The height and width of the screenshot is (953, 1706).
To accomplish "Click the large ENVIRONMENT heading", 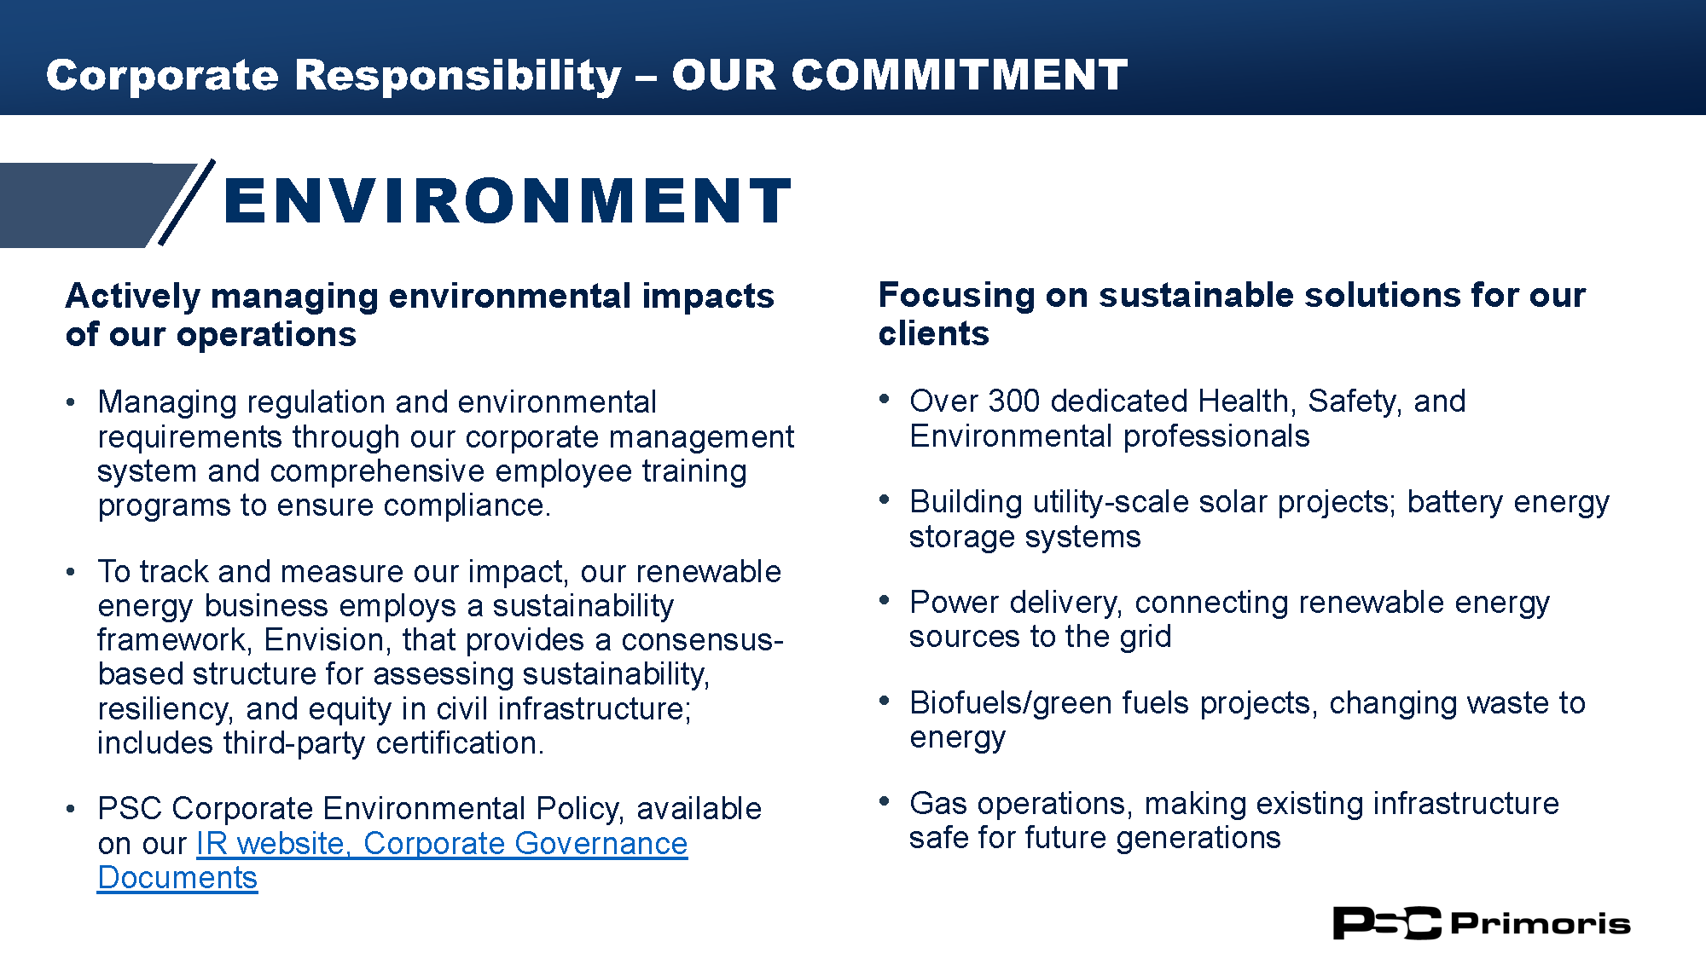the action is coord(508,201).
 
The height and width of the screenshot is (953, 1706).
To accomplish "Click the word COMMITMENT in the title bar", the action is coord(960,75).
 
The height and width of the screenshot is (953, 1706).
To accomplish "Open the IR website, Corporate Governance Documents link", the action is coord(392,860).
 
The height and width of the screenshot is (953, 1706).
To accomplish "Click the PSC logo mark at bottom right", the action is coord(1387,923).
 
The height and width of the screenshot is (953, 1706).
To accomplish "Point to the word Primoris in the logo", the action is coord(1541,923).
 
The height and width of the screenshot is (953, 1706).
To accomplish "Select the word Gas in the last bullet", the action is coord(938,803).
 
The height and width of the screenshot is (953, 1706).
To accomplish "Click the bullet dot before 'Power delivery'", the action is coord(885,600).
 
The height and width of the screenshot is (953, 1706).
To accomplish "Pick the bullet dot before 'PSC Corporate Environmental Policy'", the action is coord(71,808).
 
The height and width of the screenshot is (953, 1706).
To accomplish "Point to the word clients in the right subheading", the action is coord(934,333).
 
